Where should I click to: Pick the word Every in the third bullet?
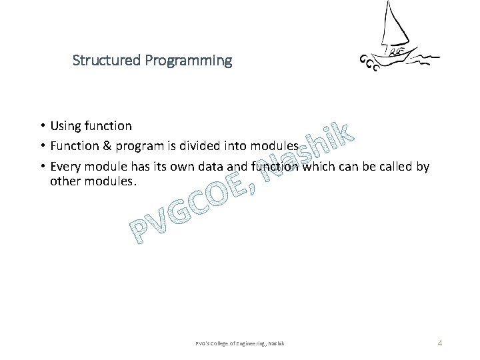pos(65,167)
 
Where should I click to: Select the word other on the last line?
pos(65,181)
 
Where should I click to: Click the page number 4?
pos(439,343)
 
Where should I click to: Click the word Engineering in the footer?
pos(249,343)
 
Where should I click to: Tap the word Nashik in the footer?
pos(277,343)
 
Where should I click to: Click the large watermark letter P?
pos(141,231)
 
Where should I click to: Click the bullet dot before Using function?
pos(41,126)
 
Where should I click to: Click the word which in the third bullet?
pos(321,167)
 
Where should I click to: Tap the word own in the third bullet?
pos(181,167)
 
